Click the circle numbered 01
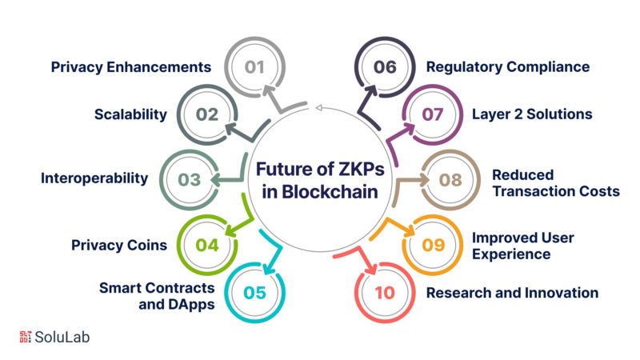coord(254,66)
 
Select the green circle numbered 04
coord(207,245)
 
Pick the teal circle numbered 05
coord(254,293)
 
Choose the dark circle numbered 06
coord(385,66)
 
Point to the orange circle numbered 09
coord(432,245)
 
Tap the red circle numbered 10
coord(385,293)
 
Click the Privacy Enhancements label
coord(130,66)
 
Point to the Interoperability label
coord(94,178)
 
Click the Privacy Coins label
coord(118,245)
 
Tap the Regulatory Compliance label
coord(508,66)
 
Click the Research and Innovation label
coord(512,293)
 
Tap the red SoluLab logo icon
coord(23,337)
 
